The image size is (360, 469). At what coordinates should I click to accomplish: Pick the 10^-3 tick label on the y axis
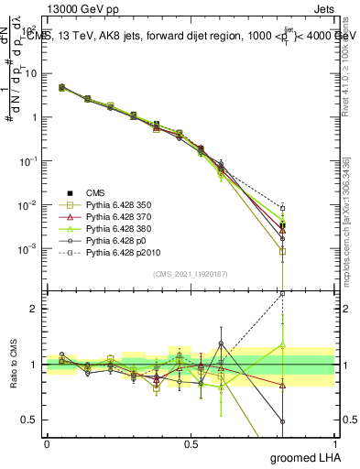[x=27, y=249]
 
